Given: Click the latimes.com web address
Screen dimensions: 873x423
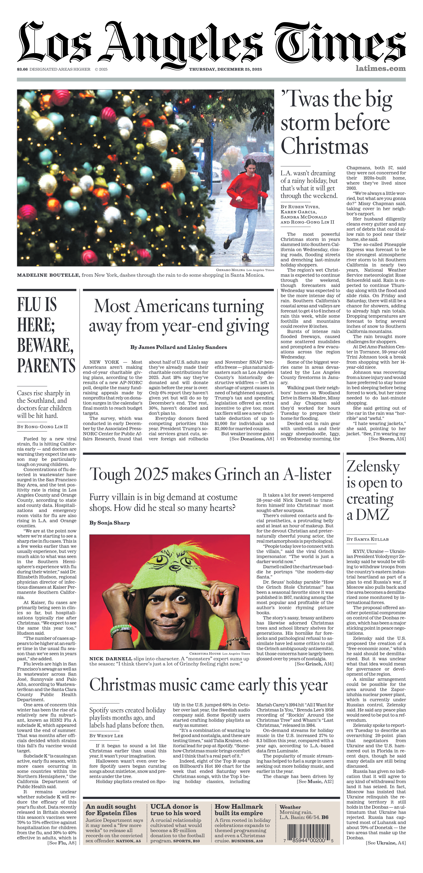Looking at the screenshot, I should [x=380, y=68].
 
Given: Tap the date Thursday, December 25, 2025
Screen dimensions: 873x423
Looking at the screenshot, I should [x=225, y=69].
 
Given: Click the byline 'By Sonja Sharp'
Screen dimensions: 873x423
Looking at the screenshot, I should [x=109, y=523].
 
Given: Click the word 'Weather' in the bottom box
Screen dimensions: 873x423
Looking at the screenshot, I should [x=290, y=807].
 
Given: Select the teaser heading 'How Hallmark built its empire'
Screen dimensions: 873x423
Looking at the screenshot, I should [x=239, y=810].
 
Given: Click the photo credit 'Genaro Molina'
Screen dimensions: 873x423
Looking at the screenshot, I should [x=230, y=270].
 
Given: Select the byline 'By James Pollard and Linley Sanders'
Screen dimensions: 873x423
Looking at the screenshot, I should [x=178, y=347].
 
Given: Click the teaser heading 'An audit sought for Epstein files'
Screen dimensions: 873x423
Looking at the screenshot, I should [x=111, y=810].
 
